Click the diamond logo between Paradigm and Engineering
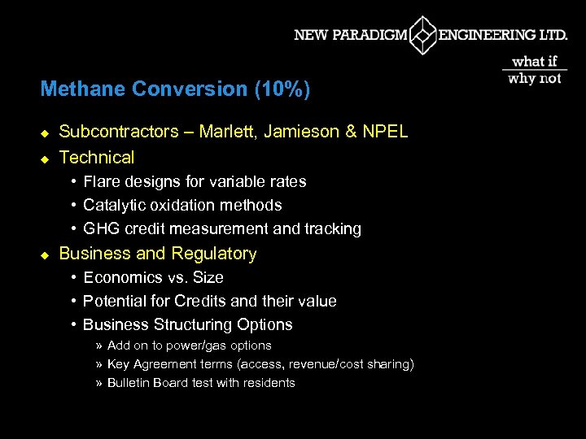point(422,35)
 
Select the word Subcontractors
point(119,132)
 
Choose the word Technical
point(97,158)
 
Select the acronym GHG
point(100,228)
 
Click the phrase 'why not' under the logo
point(535,78)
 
